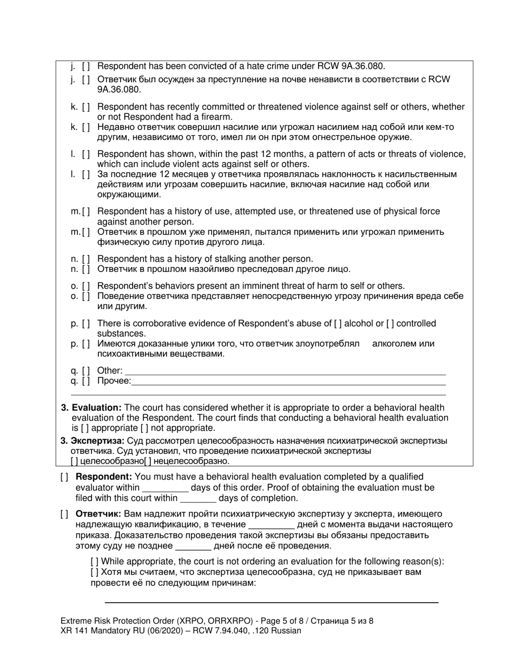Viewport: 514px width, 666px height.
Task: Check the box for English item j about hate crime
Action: (86, 67)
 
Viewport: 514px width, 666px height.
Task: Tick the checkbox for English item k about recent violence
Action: (86, 107)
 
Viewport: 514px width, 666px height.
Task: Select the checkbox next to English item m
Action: (86, 212)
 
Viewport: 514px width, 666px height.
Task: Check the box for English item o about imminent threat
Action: (86, 286)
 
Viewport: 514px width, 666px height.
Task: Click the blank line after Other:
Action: (285, 371)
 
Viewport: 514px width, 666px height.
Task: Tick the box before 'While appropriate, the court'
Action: (95, 561)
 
